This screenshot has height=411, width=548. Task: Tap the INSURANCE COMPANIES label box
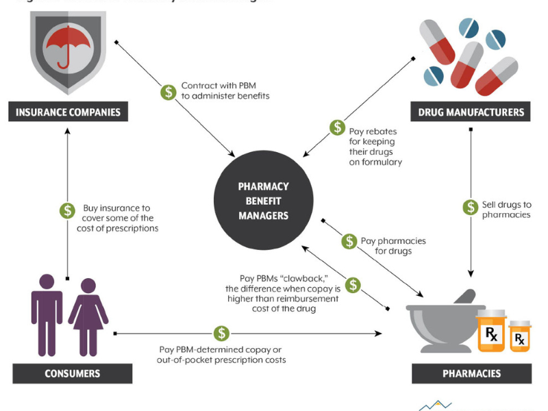pyautogui.click(x=68, y=112)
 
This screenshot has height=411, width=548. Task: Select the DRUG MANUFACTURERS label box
pyautogui.click(x=471, y=112)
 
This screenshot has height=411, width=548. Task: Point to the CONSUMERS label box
pyautogui.click(x=73, y=373)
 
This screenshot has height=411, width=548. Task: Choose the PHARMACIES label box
pyautogui.click(x=471, y=373)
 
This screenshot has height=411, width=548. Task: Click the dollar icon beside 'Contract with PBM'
pyautogui.click(x=168, y=91)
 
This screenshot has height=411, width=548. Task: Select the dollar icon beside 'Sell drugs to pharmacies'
pyautogui.click(x=471, y=206)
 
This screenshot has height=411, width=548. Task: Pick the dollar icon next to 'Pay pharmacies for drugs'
pyautogui.click(x=349, y=241)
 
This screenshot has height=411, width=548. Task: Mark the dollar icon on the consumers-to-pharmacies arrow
pyautogui.click(x=221, y=334)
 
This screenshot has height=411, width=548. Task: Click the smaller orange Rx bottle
pyautogui.click(x=520, y=336)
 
